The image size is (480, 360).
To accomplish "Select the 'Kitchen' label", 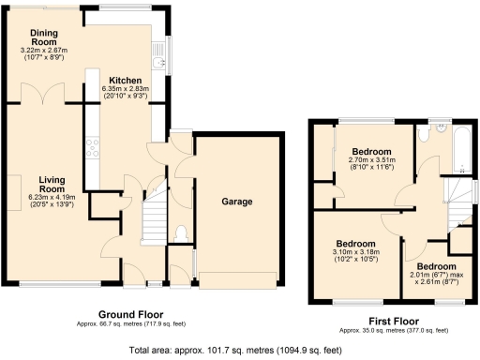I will (x=125, y=81).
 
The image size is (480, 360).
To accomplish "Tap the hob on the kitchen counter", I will (x=93, y=148).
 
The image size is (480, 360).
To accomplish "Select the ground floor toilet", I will (x=180, y=232).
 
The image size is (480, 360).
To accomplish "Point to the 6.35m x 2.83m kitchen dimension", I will (x=125, y=92).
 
